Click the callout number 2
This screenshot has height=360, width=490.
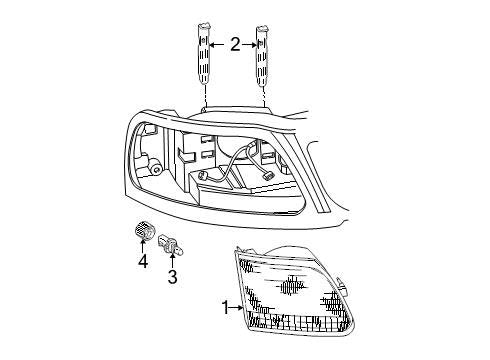coord(235,44)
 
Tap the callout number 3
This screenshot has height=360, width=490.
coord(171,277)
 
